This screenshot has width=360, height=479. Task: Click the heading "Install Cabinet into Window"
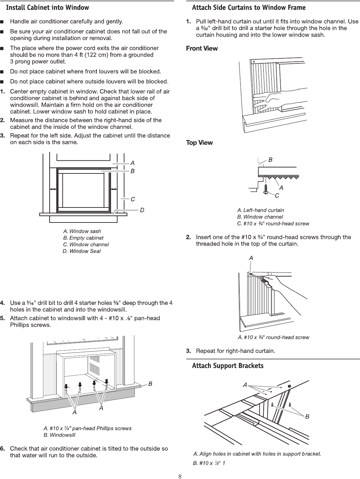(48, 7)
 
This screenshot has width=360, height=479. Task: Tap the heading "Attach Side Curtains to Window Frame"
(249, 7)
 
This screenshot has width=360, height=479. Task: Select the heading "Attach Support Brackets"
(228, 366)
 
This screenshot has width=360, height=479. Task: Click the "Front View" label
(202, 48)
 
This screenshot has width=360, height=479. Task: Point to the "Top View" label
(199, 143)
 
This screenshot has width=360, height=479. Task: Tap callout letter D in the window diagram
(142, 210)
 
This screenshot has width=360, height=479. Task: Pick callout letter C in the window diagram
(133, 199)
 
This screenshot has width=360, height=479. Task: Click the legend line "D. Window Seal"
(81, 251)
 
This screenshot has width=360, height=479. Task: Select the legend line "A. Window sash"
(82, 231)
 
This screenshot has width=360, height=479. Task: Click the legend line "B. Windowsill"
(59, 435)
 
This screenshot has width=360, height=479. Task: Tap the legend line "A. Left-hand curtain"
(261, 210)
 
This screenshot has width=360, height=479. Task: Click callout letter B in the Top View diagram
(270, 160)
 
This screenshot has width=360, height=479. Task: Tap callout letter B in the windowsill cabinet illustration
(150, 384)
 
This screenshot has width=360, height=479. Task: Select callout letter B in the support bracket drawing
(307, 417)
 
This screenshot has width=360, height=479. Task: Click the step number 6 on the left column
(2, 449)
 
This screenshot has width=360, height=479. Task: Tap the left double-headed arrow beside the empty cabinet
(53, 189)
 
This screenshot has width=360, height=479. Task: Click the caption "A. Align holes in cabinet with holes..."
(257, 454)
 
